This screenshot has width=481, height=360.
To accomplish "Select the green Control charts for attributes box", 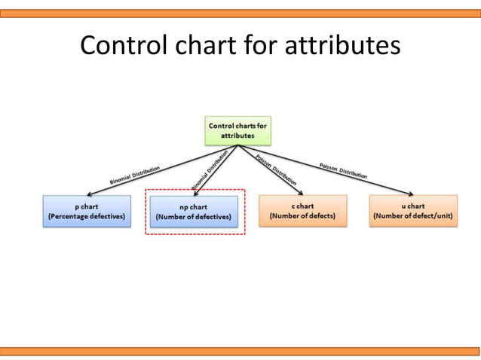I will [237, 130].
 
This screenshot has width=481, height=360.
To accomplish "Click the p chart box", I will [87, 211].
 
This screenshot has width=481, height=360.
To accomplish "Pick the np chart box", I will [194, 212].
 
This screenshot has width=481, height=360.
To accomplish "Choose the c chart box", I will [302, 211].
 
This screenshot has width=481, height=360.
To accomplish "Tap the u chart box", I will [413, 211].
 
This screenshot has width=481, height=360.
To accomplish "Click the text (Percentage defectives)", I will [87, 217].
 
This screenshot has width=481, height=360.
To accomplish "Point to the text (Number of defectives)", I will [194, 218].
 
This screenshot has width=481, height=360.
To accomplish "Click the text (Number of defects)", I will [302, 217].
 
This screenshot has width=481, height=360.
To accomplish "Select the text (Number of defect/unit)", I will [413, 217].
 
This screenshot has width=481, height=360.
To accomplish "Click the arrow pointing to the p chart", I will [151, 173].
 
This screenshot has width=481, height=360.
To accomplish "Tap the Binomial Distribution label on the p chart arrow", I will [134, 175].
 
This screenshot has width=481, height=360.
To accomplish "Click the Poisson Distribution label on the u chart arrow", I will [343, 169].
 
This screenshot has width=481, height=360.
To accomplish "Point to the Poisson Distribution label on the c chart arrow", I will [276, 170].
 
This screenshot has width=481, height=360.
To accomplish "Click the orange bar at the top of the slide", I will [240, 13].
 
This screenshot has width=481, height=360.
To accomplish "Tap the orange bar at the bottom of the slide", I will [240, 351].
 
